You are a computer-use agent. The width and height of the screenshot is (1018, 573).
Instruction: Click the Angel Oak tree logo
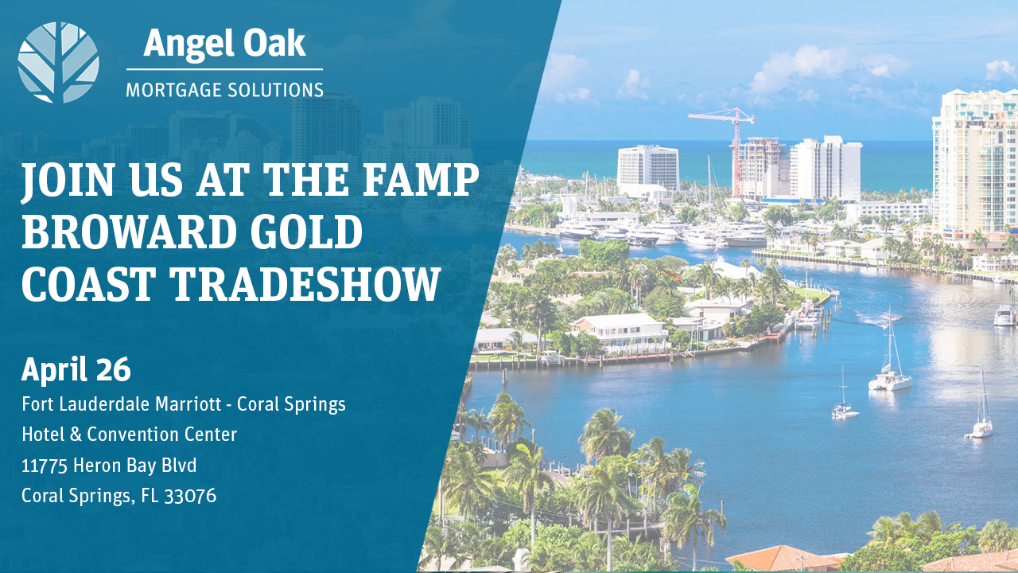[58, 62]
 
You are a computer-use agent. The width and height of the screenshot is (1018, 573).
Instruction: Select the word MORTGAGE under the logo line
[173, 90]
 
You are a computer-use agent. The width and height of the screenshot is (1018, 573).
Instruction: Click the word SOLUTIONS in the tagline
[275, 90]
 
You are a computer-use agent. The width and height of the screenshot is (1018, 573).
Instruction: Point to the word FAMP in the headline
[421, 179]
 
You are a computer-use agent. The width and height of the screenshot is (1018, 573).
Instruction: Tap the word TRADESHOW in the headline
[305, 284]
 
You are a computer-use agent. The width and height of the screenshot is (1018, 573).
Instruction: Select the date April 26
[76, 370]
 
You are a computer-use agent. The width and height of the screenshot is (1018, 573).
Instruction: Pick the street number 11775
[45, 466]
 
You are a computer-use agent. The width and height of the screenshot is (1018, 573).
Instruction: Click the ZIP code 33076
[190, 496]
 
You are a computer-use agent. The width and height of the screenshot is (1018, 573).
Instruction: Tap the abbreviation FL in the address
[150, 496]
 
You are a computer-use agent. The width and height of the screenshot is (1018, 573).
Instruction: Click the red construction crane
[727, 146]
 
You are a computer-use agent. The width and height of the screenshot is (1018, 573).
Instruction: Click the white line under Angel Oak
[224, 69]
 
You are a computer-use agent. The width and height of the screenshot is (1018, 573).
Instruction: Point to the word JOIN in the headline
[67, 180]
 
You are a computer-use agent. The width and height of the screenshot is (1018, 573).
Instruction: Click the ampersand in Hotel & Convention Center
[76, 435]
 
